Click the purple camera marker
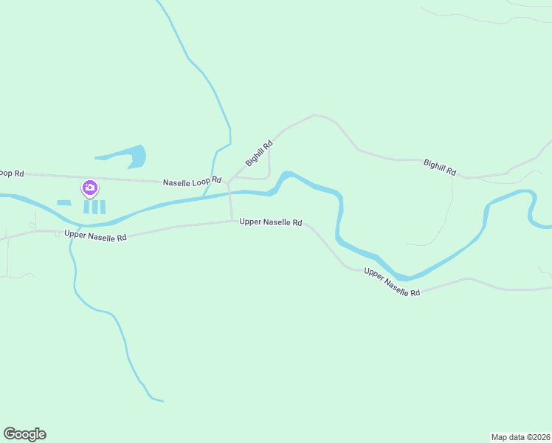click(x=90, y=188)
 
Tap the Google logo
click(x=25, y=434)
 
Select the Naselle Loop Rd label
click(x=192, y=180)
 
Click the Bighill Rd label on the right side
click(x=440, y=167)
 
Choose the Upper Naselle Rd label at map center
click(x=271, y=221)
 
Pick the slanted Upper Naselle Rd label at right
click(x=392, y=283)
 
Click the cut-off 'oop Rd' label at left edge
click(x=12, y=174)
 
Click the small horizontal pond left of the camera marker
click(x=64, y=202)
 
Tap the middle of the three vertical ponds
click(x=94, y=207)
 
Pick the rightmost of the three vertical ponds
click(x=103, y=207)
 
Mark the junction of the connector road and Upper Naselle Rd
click(x=232, y=220)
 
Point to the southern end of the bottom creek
click(x=162, y=402)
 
